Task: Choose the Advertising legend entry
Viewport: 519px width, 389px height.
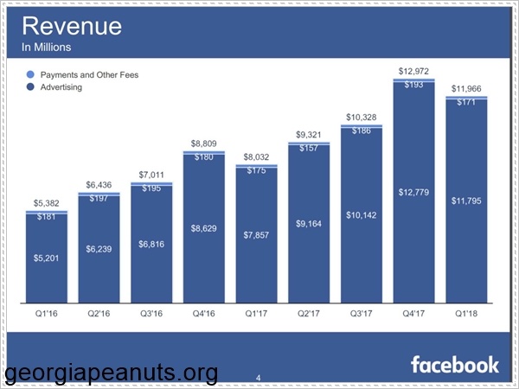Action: (64, 86)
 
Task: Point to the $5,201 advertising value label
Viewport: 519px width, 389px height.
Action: (47, 257)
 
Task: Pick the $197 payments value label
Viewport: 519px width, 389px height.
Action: (99, 199)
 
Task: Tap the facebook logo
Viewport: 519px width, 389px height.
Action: (455, 364)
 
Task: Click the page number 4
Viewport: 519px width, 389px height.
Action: (259, 377)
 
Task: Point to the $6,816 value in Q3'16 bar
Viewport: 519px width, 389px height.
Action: (152, 245)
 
